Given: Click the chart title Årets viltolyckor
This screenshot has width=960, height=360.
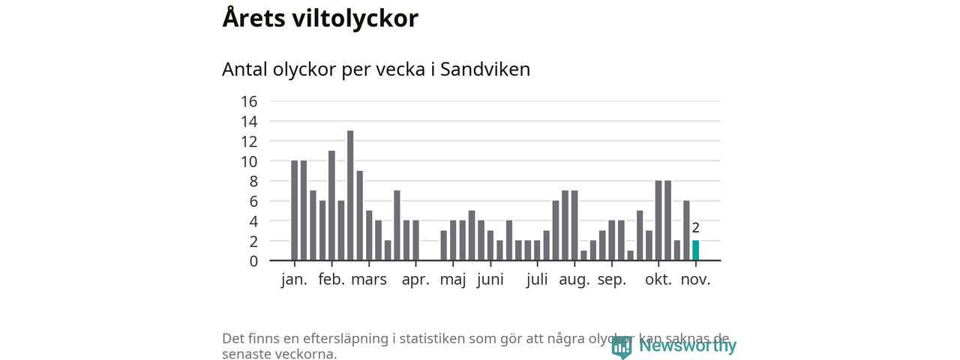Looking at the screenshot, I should point(320,19).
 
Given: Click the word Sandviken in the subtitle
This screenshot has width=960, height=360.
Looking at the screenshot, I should point(485,69).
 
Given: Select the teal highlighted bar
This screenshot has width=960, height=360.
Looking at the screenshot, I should point(695,250).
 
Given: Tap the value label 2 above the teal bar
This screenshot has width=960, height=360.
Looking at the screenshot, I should point(695,228).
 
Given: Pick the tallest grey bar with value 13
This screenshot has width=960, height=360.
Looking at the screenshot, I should point(350,195).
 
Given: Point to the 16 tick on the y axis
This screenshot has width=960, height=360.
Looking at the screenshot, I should point(249,101).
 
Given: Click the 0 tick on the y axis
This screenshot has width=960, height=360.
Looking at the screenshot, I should point(253,261).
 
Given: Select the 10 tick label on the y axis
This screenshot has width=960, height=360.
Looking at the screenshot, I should point(249,161).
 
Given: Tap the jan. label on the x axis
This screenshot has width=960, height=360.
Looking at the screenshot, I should point(294,280).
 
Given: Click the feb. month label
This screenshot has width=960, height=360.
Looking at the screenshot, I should point(331,280).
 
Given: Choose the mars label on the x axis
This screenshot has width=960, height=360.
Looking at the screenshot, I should point(369,280).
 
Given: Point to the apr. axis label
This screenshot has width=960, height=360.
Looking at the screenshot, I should point(415,280).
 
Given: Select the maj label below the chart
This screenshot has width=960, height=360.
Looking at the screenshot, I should point(453,280).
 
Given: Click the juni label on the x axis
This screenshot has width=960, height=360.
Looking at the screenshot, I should point(490,280).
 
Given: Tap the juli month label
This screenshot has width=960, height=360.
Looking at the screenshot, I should point(537,280).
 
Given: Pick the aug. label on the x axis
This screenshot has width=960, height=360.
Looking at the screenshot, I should point(574,280).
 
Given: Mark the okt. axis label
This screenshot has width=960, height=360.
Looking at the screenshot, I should point(658,280).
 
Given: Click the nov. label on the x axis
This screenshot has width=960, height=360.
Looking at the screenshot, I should point(695,280).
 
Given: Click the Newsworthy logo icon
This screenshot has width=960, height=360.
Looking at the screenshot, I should point(621,346).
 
